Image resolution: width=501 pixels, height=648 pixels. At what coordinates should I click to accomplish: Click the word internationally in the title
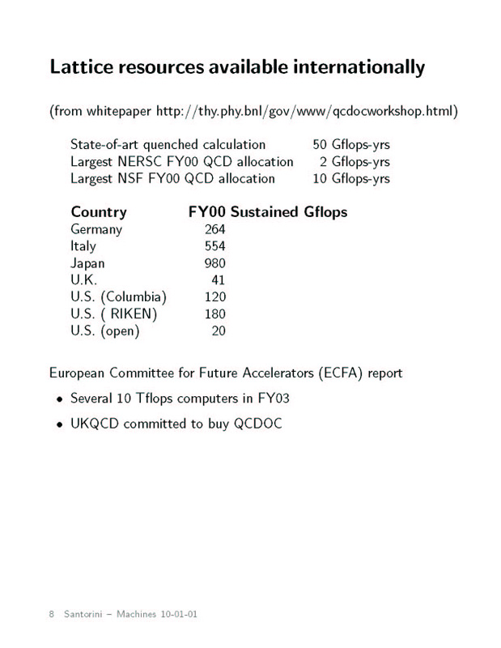click(355, 67)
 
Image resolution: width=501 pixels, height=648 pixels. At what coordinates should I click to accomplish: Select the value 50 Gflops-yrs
click(351, 145)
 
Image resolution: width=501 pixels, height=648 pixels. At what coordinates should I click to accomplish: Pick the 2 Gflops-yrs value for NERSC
click(355, 162)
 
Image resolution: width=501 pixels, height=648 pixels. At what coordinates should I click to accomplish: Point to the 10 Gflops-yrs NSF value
click(351, 178)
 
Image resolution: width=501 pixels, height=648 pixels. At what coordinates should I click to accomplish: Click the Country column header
click(99, 212)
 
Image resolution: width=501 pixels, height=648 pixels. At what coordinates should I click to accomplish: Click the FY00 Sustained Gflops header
click(267, 212)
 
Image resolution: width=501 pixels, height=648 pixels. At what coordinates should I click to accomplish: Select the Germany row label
click(96, 229)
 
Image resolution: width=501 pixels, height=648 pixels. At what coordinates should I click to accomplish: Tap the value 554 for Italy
click(215, 246)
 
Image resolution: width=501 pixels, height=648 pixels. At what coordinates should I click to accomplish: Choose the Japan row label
click(87, 263)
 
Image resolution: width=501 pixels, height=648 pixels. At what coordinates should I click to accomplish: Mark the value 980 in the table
click(215, 263)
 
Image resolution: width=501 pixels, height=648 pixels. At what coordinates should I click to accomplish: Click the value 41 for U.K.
click(219, 280)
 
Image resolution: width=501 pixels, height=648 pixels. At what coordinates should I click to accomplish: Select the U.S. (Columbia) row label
click(119, 296)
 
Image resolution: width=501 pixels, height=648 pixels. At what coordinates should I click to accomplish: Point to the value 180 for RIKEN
click(215, 313)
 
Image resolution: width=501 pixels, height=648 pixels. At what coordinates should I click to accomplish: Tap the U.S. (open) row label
click(105, 330)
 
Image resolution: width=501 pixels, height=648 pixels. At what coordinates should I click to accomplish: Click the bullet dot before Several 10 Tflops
click(59, 399)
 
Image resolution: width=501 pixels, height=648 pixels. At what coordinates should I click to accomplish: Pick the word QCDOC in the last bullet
click(257, 424)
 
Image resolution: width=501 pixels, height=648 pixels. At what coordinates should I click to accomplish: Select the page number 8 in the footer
click(52, 614)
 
